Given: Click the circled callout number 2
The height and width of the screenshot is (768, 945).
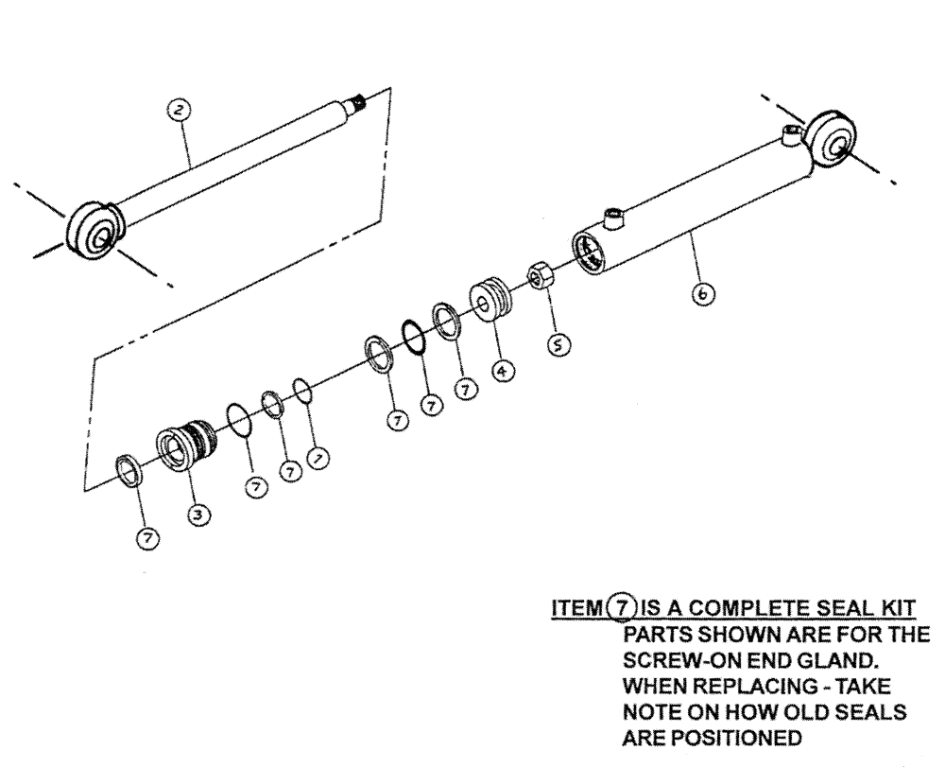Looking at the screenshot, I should (x=179, y=111).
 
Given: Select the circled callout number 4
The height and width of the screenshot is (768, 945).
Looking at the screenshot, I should (x=504, y=372).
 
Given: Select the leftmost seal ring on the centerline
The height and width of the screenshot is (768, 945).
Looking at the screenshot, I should (x=129, y=468).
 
